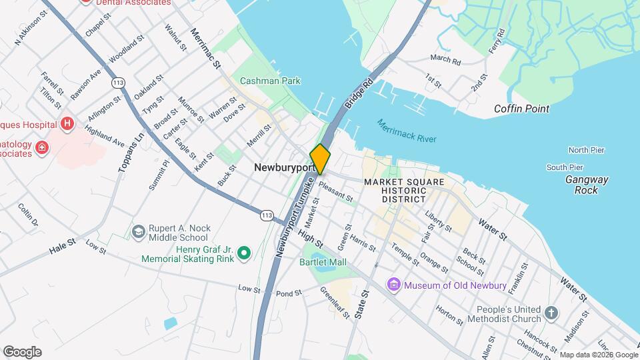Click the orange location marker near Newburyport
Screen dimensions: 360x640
[321, 159]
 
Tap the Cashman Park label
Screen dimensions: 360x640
[270, 81]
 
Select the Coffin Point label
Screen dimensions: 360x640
[521, 109]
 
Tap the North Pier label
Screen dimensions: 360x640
[585, 150]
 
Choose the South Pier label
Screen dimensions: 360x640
[565, 167]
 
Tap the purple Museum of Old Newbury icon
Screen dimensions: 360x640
[394, 285]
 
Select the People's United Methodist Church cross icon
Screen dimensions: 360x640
[551, 313]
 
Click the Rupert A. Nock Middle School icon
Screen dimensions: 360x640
[139, 231]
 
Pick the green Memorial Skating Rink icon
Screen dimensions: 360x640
[244, 253]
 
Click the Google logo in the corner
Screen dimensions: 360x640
[22, 351]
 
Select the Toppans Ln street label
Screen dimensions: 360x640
[131, 153]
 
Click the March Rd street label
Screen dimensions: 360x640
[445, 61]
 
